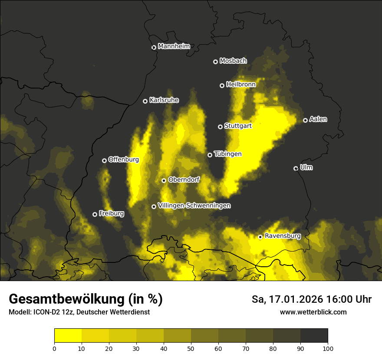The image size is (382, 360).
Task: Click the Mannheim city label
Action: coord(174,46)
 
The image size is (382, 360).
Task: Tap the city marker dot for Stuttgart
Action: coord(221,127)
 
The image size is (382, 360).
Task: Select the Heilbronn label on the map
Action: coord(241,85)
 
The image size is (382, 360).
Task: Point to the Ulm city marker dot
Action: coord(296,168)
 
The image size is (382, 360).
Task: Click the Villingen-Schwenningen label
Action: coord(194,206)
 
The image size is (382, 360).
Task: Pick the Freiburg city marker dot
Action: coord(95,214)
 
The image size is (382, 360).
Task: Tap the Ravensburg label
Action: coord(283,236)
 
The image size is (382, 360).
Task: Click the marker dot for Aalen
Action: coord(306,120)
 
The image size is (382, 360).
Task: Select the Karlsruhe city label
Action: coord(164,100)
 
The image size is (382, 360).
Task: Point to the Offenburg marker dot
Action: coord(105,160)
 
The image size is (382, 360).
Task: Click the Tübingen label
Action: coord(227,154)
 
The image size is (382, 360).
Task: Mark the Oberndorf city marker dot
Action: coord(164,180)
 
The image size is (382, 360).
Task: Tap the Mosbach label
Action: coord(233,61)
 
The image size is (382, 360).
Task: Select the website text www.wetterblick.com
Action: coord(313,312)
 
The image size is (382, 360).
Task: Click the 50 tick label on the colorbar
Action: coord(191,348)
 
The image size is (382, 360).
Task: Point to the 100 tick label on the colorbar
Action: coord(328,348)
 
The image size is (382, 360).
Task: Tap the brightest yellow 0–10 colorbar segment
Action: coord(68,336)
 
